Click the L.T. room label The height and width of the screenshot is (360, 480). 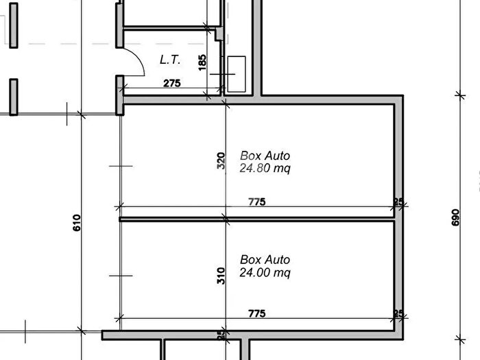click(170, 60)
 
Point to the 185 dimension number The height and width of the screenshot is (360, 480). click(202, 62)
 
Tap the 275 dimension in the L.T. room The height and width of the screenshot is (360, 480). click(171, 83)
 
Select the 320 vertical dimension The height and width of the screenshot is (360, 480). click(221, 160)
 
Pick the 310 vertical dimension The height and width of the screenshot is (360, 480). click(221, 276)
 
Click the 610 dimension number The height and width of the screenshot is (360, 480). click(77, 223)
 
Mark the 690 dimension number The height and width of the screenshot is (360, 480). click(455, 217)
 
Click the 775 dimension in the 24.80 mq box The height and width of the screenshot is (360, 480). click(257, 202)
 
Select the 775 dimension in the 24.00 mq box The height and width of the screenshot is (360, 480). click(257, 313)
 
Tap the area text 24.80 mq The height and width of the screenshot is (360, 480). click(265, 169)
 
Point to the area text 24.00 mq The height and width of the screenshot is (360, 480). click(265, 272)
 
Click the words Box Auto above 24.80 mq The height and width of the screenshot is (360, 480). click(265, 156)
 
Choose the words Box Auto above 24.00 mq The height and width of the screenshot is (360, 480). click(265, 260)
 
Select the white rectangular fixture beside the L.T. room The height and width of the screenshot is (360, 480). click(237, 74)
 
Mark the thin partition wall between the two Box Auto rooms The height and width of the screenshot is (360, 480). click(256, 219)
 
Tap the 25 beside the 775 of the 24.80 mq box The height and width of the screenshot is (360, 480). click(398, 202)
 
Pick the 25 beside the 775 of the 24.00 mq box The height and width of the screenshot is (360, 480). click(398, 313)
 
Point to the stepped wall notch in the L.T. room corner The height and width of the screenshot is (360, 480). click(218, 34)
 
